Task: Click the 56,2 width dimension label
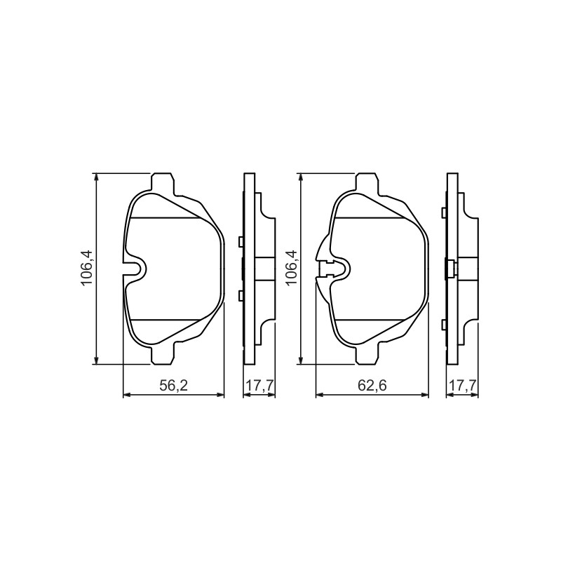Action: pyautogui.click(x=173, y=385)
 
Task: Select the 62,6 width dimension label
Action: pyautogui.click(x=372, y=385)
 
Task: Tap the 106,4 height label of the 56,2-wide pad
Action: pyautogui.click(x=86, y=268)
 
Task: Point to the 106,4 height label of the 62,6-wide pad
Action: pyautogui.click(x=291, y=268)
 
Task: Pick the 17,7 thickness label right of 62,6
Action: pyautogui.click(x=464, y=385)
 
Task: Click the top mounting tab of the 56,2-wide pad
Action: pyautogui.click(x=163, y=183)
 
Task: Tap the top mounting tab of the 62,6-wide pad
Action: pyautogui.click(x=367, y=183)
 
